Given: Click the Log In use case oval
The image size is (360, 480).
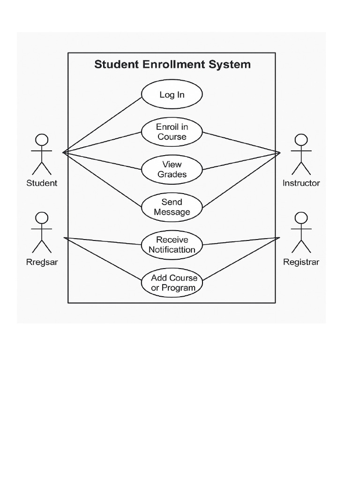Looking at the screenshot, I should pos(172,95).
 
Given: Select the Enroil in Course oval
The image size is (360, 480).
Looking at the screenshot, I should pos(172,132).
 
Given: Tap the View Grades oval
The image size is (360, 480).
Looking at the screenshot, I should pos(172,170).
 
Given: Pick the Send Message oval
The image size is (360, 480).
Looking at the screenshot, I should pos(172,207).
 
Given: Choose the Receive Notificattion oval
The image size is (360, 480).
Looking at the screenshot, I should pos(172,245).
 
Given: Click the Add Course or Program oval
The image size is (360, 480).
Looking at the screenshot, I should pos(172,283).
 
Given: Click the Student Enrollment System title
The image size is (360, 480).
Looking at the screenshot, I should pos(172,64).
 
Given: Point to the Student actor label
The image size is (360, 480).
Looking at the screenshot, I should pos(42,183).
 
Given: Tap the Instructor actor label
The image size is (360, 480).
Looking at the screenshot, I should pos(301,183).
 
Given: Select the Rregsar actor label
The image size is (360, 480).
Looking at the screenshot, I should pos(42,262).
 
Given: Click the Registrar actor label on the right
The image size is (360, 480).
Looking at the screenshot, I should pos(301,262).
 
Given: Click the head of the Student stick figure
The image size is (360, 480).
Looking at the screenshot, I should pos(42,140).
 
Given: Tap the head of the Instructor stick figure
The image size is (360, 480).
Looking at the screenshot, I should pos(301,140).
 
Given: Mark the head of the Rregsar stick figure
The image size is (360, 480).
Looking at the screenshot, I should pos(42,218).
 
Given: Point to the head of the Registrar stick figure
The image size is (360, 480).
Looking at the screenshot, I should pos(301,218).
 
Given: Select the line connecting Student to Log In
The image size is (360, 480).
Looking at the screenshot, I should pos(103,125).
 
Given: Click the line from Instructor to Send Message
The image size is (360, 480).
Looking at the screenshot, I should pos(241,180).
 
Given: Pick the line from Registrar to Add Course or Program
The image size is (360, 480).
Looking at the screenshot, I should pos(241,260).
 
